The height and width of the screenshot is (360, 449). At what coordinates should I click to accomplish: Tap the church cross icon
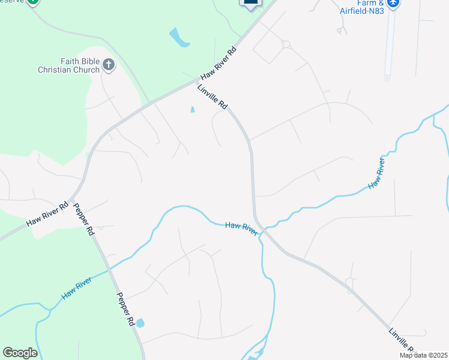[x=109, y=64]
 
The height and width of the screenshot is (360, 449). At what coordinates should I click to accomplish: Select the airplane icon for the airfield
[x=393, y=4]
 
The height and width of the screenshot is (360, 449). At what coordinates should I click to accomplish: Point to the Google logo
[x=20, y=353]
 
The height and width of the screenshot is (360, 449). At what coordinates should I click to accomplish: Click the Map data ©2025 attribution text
[x=424, y=355]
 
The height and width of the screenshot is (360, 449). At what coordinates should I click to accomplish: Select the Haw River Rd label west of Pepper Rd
[x=47, y=214]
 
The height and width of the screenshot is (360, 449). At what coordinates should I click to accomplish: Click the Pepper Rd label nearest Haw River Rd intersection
[x=83, y=219]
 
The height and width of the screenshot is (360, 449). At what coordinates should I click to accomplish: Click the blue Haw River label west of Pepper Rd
[x=76, y=289]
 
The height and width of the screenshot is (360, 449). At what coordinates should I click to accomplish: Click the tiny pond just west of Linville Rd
[x=192, y=110]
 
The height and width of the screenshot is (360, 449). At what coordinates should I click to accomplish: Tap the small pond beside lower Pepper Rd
[x=140, y=323]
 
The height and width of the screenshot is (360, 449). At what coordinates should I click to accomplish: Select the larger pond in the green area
[x=179, y=38]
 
